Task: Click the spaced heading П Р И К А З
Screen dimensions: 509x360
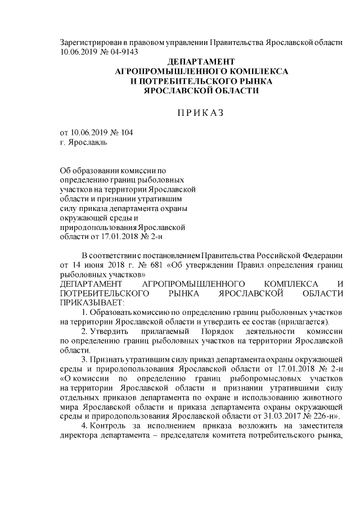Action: [201, 112]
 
